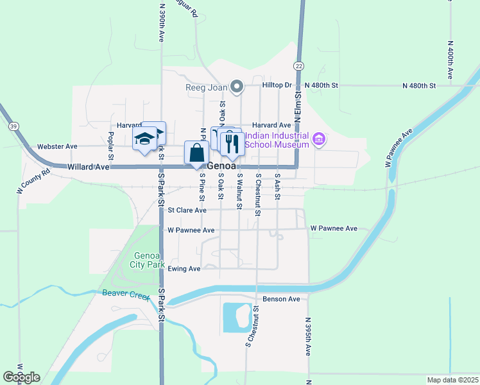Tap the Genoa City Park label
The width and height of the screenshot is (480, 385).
tap(147, 260)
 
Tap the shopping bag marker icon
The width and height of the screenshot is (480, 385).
tap(196, 153)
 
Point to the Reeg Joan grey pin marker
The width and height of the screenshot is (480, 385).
tap(237, 87)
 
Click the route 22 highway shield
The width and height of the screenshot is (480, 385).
tap(299, 66)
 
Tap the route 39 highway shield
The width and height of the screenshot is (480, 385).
tap(13, 126)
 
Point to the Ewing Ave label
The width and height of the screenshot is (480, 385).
tap(184, 269)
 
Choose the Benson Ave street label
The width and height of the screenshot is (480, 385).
tap(281, 299)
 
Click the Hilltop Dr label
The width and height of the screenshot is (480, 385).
tap(277, 85)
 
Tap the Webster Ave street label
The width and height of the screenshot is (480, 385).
tap(57, 146)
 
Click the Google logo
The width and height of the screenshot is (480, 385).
tap(21, 377)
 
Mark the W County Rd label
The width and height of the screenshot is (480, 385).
tap(33, 182)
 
